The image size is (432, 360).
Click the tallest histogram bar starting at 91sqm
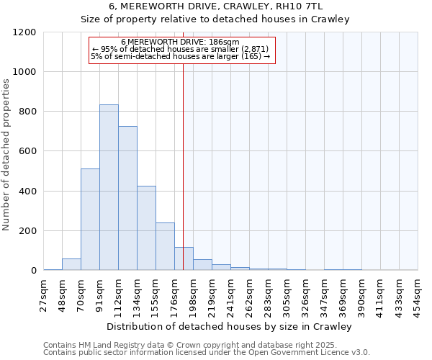109,187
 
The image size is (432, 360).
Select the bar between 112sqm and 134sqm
127,198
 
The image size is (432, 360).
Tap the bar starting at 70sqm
90,220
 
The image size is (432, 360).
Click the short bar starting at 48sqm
71,264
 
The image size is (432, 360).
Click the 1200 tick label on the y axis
24,32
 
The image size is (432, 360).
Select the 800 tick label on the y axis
27,112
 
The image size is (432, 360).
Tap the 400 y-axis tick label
27,192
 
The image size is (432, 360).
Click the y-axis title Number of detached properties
7,155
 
